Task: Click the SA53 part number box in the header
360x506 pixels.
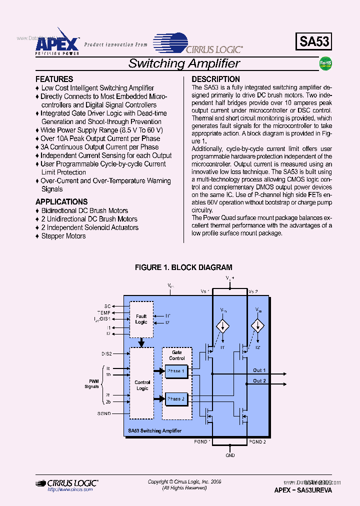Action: pyautogui.click(x=314, y=42)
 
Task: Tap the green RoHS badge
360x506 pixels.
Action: pyautogui.click(x=326, y=63)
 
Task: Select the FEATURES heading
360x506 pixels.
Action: pyautogui.click(x=54, y=79)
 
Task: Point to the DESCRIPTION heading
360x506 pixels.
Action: pyautogui.click(x=215, y=79)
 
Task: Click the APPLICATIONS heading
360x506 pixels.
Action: pyautogui.click(x=61, y=201)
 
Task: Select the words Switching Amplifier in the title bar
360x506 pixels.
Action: pyautogui.click(x=184, y=63)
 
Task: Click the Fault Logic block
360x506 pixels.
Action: pyautogui.click(x=141, y=319)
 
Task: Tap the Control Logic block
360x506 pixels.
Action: pyautogui.click(x=142, y=385)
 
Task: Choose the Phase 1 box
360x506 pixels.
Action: pyautogui.click(x=176, y=371)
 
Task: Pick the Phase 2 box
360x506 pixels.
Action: pyautogui.click(x=176, y=399)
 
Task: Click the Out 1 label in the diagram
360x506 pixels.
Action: pyautogui.click(x=259, y=370)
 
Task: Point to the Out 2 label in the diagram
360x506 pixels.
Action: pyautogui.click(x=259, y=381)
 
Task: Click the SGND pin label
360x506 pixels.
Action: pyautogui.click(x=104, y=413)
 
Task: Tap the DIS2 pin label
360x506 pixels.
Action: pyautogui.click(x=106, y=353)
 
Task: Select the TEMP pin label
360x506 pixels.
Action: pyautogui.click(x=104, y=312)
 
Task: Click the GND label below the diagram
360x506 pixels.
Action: pyautogui.click(x=230, y=455)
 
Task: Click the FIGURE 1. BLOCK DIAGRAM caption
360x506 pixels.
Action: pyautogui.click(x=183, y=267)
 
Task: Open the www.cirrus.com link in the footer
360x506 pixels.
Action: pyautogui.click(x=70, y=489)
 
